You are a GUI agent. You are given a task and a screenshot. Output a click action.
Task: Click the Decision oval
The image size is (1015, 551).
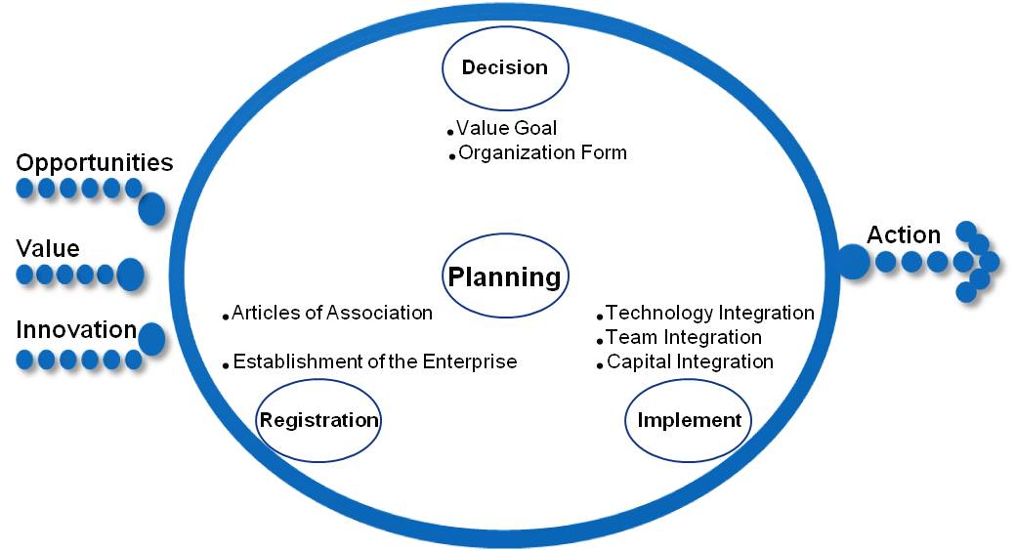pos(505,68)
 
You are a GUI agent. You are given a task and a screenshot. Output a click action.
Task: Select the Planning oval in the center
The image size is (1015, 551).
pos(505,275)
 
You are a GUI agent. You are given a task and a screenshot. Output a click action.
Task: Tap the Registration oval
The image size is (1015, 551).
pos(319,420)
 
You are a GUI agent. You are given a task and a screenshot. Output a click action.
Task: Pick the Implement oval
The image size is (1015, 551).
pos(689,420)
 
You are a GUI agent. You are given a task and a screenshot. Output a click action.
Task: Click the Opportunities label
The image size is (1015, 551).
pos(95,163)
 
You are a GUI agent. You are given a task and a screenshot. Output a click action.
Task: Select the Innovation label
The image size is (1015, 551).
pos(76,329)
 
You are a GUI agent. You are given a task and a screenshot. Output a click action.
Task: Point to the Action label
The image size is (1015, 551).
pos(904,234)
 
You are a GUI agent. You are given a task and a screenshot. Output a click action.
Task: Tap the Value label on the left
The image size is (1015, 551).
pos(48,248)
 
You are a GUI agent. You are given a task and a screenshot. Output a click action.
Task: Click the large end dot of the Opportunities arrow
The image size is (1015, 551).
pos(151,208)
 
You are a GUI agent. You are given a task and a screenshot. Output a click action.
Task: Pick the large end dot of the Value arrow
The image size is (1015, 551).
pos(130,275)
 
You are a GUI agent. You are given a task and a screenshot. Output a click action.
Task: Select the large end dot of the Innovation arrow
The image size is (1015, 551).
pos(151,339)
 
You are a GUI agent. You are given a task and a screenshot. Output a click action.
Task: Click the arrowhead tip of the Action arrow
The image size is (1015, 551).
pos(991,262)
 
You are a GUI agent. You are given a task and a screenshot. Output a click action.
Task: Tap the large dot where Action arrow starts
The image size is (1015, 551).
pos(854,262)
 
